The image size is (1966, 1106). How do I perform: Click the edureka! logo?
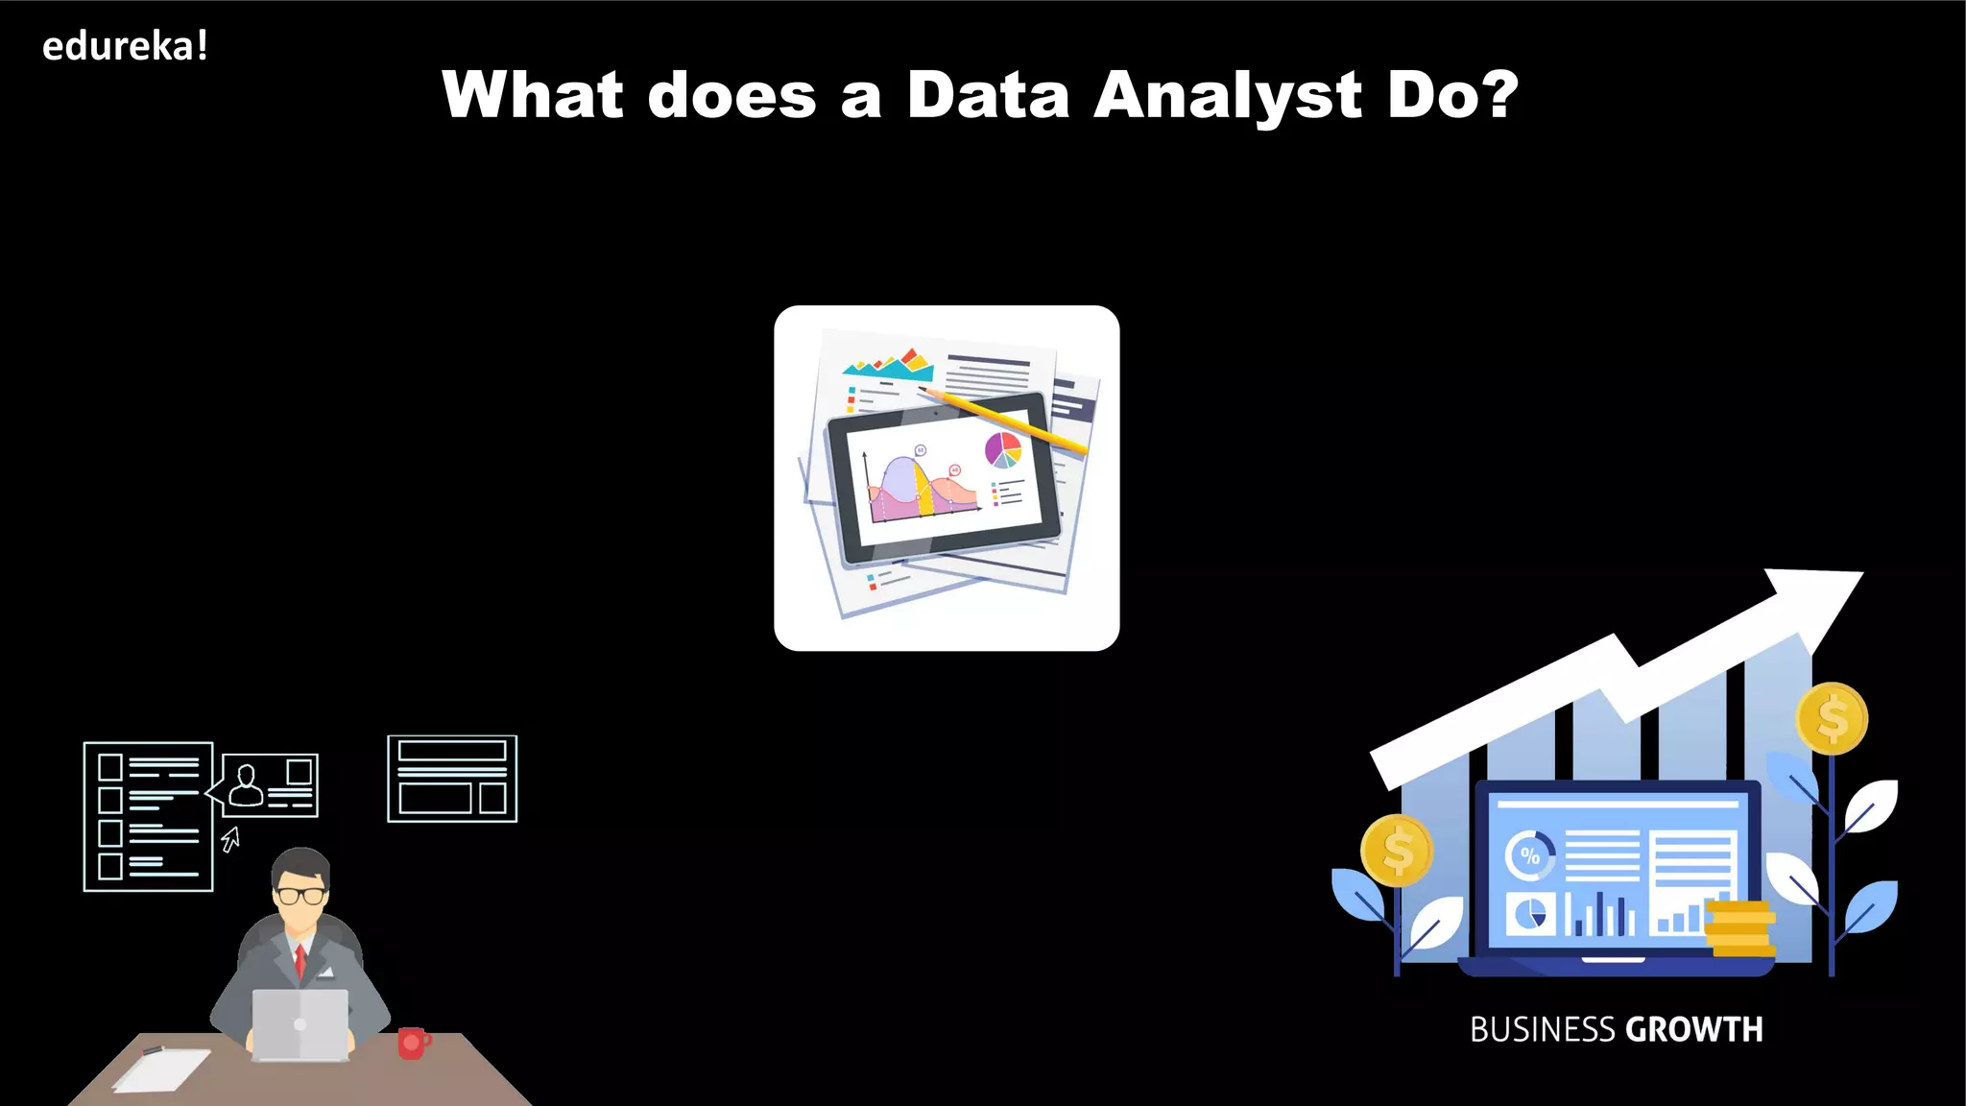coord(125,46)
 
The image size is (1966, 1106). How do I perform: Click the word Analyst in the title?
coord(1227,96)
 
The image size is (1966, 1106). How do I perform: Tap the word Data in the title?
coord(988,95)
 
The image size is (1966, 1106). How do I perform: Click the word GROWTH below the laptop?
coord(1694,1030)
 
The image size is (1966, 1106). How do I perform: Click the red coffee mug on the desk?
coord(413,1043)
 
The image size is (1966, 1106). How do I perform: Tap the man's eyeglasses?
coord(301,896)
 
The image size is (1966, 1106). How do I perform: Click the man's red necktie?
coord(300,960)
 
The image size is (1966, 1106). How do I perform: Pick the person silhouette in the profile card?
coord(247,785)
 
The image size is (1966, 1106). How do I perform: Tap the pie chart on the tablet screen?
coord(1003,449)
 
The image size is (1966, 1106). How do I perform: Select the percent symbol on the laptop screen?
coord(1530,855)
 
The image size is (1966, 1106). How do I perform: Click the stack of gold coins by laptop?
coord(1739,928)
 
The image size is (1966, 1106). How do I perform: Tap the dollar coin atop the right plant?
coord(1833,719)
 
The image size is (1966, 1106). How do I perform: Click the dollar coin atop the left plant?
coord(1398,851)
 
